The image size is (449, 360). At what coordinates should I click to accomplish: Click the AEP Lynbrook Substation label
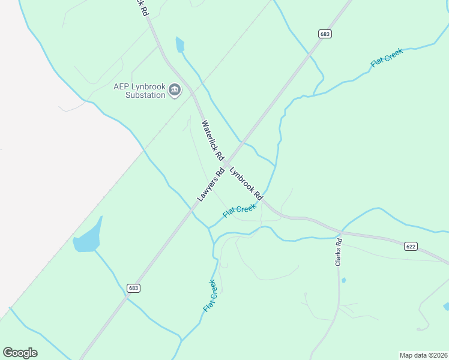point(139,91)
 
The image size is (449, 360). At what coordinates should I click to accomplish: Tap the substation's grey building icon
point(175,91)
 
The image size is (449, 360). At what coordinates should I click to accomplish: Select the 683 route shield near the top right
point(325,34)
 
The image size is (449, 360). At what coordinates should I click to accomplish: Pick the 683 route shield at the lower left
point(133,288)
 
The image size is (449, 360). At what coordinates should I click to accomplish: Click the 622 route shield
point(411,246)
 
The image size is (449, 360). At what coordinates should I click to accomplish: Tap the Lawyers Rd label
point(210,184)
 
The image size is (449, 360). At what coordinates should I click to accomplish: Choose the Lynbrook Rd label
point(246,182)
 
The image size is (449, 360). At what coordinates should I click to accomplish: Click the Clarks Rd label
point(339,253)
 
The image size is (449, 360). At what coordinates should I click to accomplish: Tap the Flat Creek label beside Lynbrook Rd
point(240,210)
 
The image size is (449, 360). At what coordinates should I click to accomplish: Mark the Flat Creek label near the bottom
point(209,296)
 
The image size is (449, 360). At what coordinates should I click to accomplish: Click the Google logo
point(20,353)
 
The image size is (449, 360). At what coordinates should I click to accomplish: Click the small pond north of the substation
point(179,44)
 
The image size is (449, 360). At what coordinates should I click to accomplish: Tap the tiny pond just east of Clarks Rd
point(343,280)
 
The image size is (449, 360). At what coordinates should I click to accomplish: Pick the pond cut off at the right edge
point(446,307)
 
